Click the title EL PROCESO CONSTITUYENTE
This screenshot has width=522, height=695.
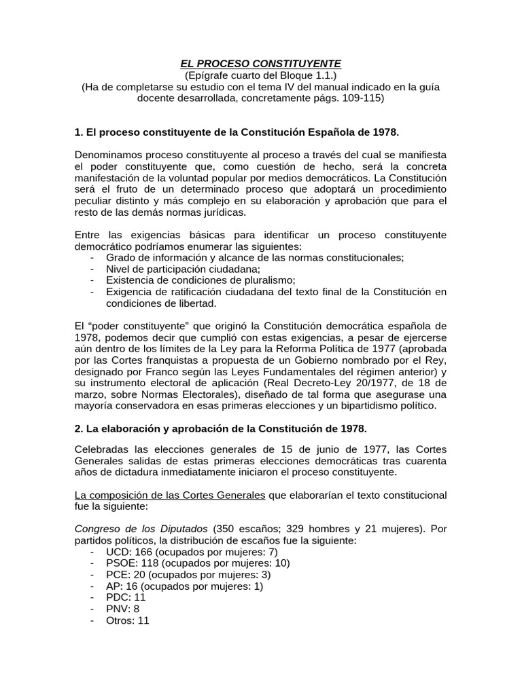[261, 62]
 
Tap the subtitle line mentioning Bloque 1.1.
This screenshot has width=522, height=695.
[261, 75]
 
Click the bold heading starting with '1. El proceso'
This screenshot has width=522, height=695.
[237, 130]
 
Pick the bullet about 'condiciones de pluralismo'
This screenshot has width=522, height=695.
[201, 280]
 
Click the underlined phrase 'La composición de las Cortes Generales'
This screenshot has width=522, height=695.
[170, 495]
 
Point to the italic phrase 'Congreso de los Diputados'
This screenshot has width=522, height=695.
[142, 529]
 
